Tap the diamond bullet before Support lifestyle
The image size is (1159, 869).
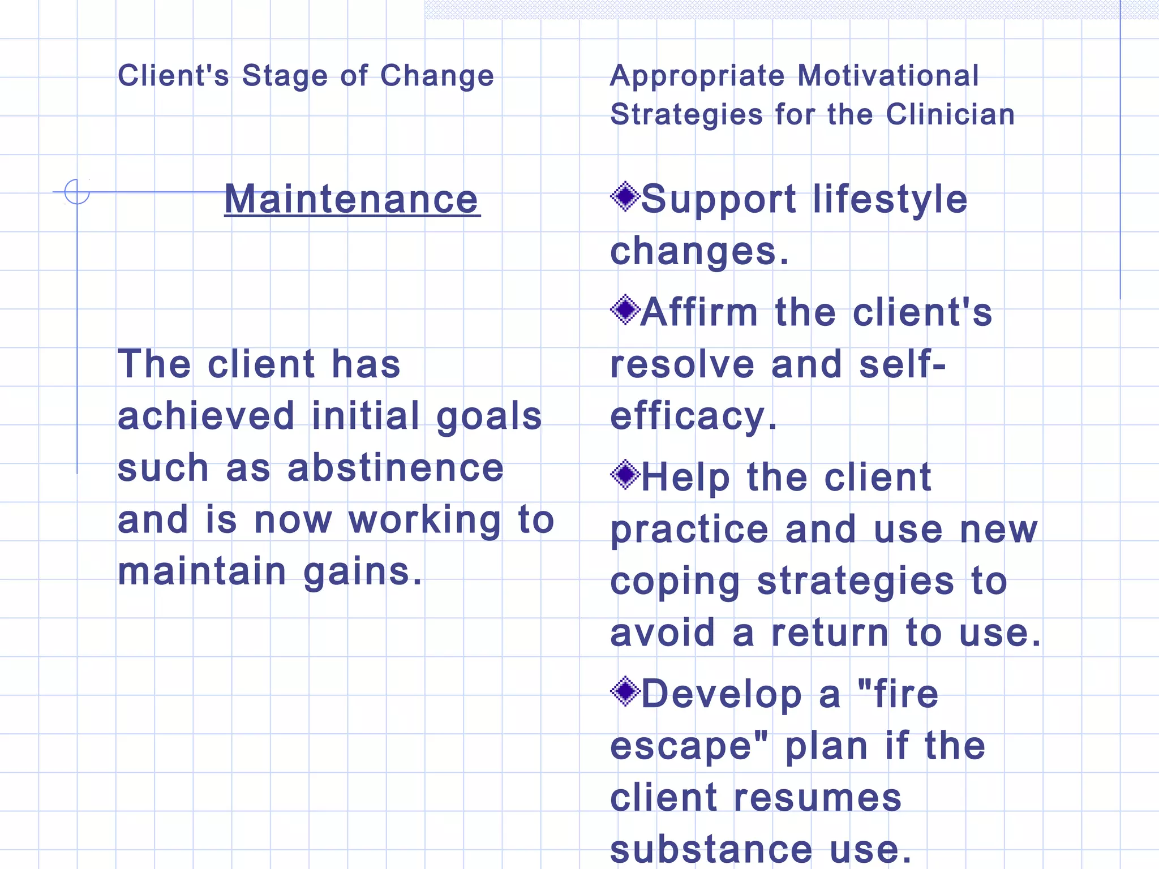(x=625, y=197)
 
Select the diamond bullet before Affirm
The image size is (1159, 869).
(x=625, y=309)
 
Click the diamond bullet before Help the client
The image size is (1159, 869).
(x=625, y=475)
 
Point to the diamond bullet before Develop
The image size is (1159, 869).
(x=625, y=691)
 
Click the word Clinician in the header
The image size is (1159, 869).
(x=950, y=114)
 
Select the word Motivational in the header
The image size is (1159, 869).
(x=888, y=76)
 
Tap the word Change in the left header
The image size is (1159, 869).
(x=437, y=76)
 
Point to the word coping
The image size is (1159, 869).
(x=675, y=583)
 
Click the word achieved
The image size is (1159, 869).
(x=206, y=416)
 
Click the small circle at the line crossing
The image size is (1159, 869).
(x=77, y=192)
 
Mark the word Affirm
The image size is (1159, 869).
(x=699, y=312)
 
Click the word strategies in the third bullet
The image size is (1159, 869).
(x=855, y=582)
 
